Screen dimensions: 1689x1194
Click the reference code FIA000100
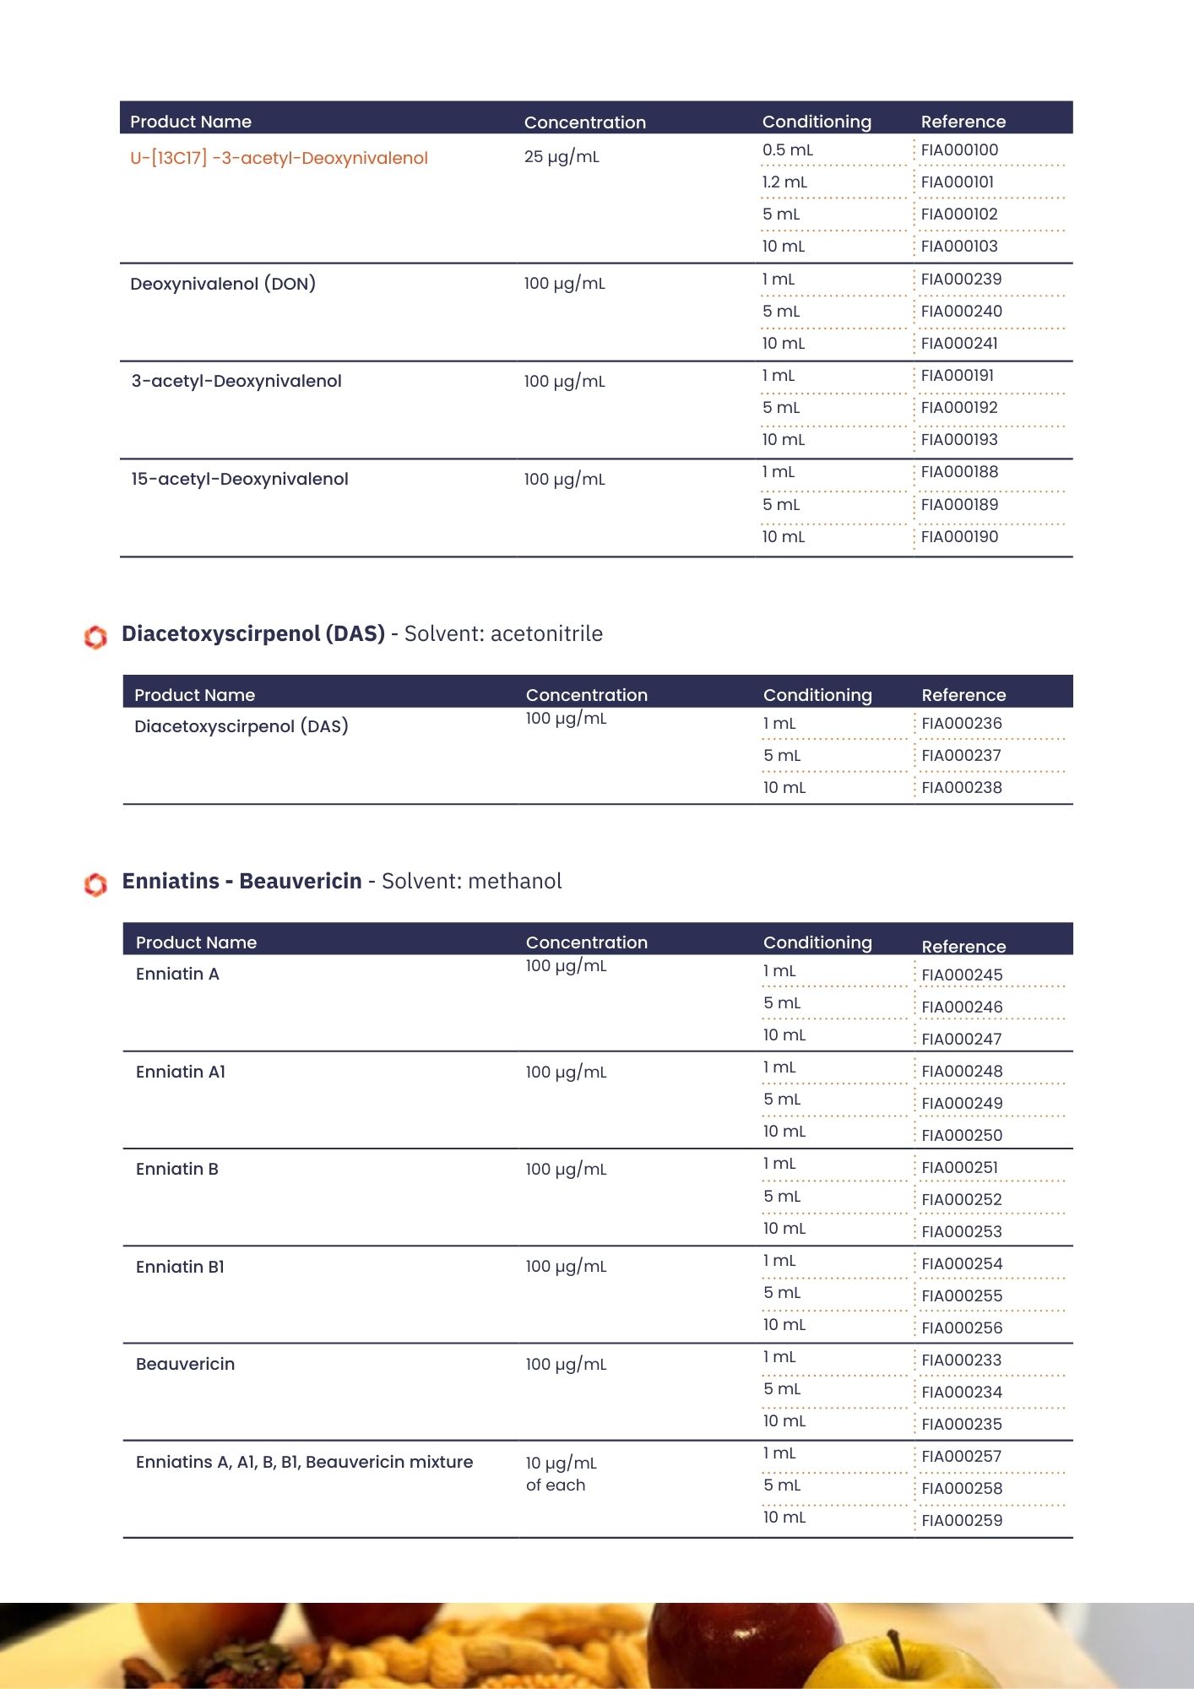pos(959,150)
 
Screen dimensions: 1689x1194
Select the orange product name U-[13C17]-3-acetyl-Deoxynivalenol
pos(279,158)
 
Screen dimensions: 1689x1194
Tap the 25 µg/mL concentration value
pos(562,157)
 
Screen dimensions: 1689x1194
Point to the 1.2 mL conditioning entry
pos(784,182)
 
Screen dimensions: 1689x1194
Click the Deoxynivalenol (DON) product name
pos(223,284)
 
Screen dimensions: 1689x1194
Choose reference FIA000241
pos(959,344)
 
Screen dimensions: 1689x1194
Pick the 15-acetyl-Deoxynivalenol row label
pos(240,480)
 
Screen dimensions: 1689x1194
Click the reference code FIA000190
pos(959,537)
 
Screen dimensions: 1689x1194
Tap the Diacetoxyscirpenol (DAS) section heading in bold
pos(253,633)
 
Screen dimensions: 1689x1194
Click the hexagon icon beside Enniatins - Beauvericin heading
pos(95,884)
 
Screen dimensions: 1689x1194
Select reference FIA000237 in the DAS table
pos(961,756)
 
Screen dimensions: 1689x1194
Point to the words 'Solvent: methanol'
pos(471,882)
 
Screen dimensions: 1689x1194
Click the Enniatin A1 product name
pos(181,1073)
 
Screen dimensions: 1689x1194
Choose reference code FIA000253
pos(962,1232)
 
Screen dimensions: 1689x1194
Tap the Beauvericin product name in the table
pos(185,1365)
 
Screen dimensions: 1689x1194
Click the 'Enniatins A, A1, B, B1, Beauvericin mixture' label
pos(304,1463)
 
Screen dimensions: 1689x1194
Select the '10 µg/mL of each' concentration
pos(560,1474)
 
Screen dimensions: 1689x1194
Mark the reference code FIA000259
pos(962,1521)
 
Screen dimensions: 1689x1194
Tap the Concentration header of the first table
pos(584,122)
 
